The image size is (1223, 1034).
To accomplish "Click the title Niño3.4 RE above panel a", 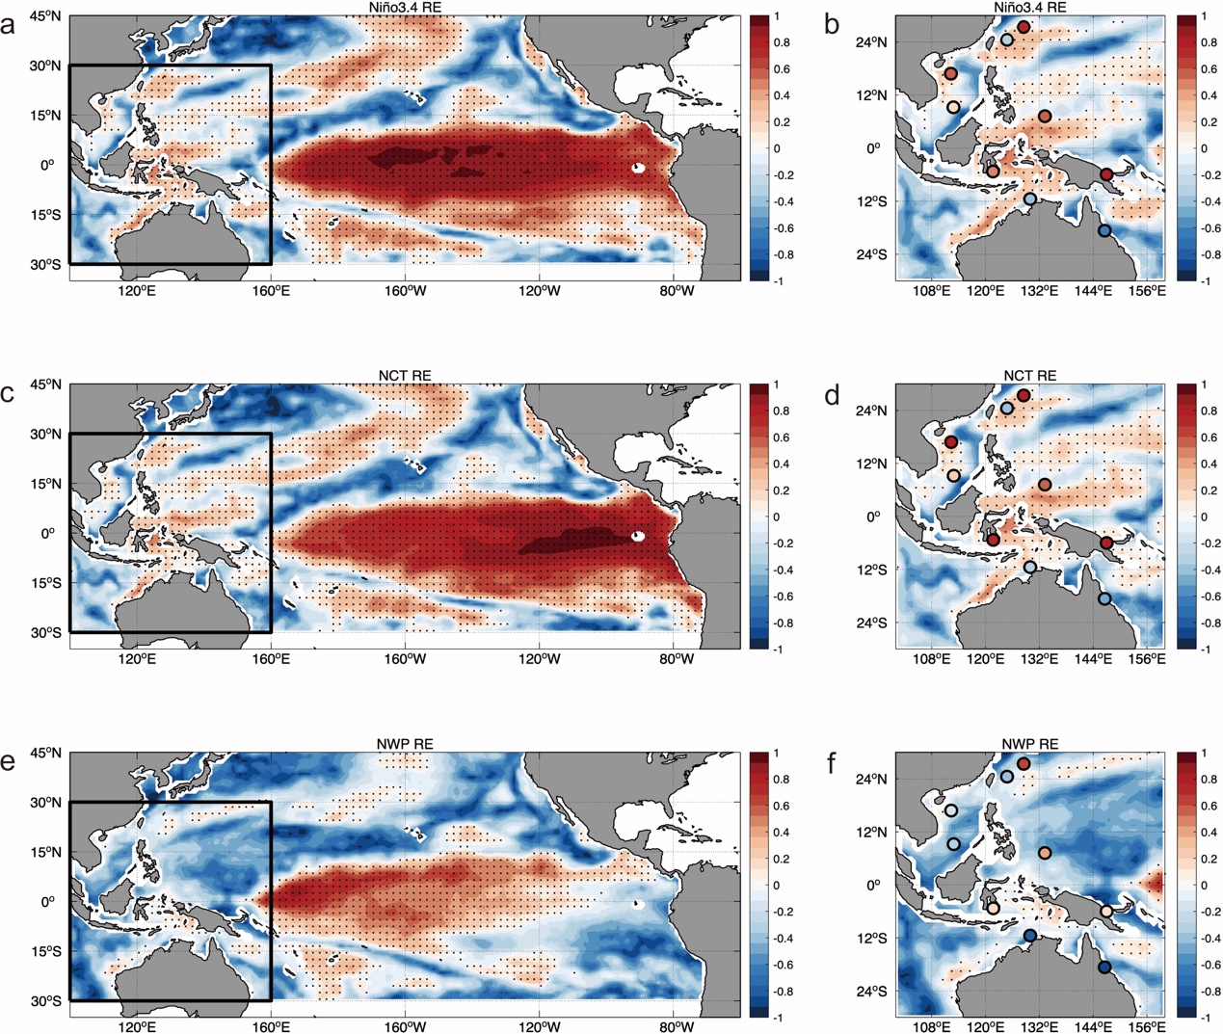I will pyautogui.click(x=405, y=8).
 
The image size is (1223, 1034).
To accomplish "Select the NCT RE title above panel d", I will pyautogui.click(x=1029, y=375).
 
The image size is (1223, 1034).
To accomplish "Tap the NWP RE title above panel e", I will pyautogui.click(x=405, y=744).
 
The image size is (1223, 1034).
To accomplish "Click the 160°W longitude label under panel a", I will pyautogui.click(x=405, y=291).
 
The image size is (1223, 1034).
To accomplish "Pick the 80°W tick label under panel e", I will pyautogui.click(x=677, y=1027).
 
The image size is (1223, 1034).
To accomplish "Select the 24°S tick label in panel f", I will pyautogui.click(x=871, y=992).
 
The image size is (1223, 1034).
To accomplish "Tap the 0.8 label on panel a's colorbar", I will pyautogui.click(x=782, y=42).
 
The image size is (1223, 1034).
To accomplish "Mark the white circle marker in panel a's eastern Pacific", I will pyautogui.click(x=638, y=168).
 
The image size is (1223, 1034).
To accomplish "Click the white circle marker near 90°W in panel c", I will pyautogui.click(x=638, y=536).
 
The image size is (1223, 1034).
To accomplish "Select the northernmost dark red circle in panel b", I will pyautogui.click(x=1024, y=27).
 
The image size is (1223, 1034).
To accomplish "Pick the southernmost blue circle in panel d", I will pyautogui.click(x=1104, y=599).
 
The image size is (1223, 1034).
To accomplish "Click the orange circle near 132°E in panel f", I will pyautogui.click(x=1045, y=853).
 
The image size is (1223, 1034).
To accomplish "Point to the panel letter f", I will pyautogui.click(x=832, y=763).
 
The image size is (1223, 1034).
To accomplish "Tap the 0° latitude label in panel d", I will pyautogui.click(x=873, y=517).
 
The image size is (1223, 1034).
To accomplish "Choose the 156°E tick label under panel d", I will pyautogui.click(x=1147, y=659).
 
